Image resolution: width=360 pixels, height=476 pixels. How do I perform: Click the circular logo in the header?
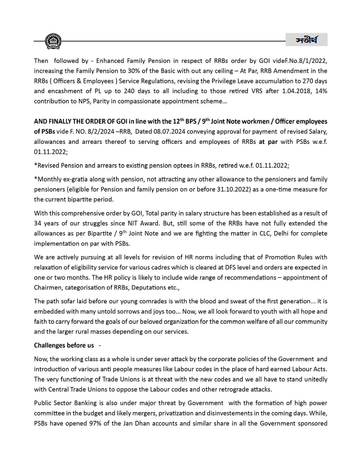(53, 42)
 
